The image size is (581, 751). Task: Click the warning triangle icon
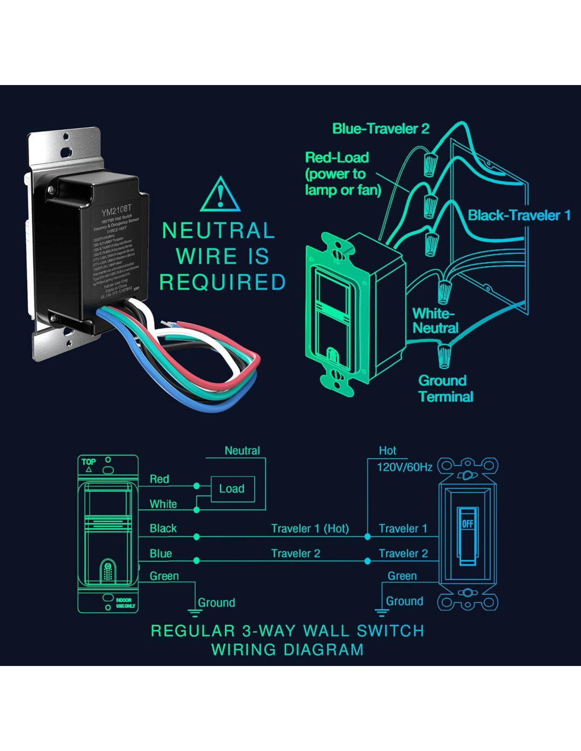(x=220, y=195)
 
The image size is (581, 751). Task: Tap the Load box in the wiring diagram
(x=232, y=489)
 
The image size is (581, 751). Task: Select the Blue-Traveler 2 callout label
(x=381, y=129)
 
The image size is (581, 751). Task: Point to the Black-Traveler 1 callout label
(x=519, y=215)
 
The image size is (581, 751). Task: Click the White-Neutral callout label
(x=435, y=321)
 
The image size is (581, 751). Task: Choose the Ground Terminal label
(x=445, y=389)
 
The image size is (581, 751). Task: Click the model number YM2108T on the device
(x=116, y=211)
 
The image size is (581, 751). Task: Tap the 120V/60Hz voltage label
(x=404, y=467)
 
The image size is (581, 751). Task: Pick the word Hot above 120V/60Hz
(x=387, y=450)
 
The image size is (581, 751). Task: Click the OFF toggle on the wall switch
(x=467, y=524)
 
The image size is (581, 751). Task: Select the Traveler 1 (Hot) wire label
(x=310, y=529)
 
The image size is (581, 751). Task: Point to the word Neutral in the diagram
(x=242, y=450)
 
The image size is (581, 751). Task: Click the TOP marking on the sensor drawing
(x=89, y=462)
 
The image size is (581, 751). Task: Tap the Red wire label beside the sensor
(x=160, y=479)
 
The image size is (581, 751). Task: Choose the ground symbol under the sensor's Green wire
(x=195, y=613)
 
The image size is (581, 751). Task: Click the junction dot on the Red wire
(x=196, y=486)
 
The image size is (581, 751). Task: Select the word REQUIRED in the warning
(x=222, y=283)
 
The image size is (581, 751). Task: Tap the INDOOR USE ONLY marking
(x=125, y=603)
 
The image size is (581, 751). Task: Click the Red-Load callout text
(x=342, y=174)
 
